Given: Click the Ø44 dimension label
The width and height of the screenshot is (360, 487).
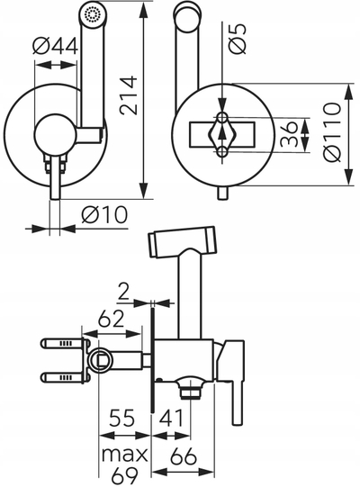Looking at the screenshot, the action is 55,47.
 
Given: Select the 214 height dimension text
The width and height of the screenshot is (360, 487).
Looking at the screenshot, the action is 129,95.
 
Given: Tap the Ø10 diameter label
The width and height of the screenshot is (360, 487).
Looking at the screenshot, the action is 104,214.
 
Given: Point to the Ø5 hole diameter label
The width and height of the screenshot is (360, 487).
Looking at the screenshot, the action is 238,39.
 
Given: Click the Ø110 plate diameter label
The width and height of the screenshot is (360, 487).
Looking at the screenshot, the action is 332,132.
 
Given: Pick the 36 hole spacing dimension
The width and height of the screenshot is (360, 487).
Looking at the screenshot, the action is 289,134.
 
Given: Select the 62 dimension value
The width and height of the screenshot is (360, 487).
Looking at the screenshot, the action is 111,320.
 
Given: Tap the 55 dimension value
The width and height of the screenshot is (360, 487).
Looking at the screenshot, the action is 122,418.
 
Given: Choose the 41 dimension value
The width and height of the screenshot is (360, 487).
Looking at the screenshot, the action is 171,418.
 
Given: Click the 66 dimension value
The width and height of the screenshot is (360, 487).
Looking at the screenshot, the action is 184,456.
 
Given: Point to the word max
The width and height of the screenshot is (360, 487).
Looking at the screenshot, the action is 124,455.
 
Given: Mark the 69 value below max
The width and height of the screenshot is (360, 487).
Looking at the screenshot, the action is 124,476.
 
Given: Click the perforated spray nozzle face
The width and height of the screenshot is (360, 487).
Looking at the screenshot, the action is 94,14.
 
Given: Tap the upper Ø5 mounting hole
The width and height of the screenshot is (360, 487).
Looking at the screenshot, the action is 222,117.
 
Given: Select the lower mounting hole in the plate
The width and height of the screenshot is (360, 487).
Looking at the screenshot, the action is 222,152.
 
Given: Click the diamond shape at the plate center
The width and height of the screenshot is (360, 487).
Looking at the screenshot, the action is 222,134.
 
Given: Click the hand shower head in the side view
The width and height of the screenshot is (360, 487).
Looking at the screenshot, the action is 182,241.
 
